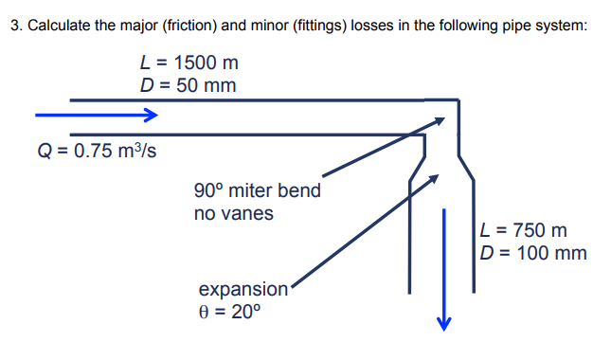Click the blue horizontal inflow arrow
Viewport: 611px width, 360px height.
point(95,116)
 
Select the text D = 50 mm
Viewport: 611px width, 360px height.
point(188,86)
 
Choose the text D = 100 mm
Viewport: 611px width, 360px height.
point(533,253)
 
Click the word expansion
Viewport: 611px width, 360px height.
point(243,289)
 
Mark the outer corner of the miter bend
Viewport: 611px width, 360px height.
point(458,99)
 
